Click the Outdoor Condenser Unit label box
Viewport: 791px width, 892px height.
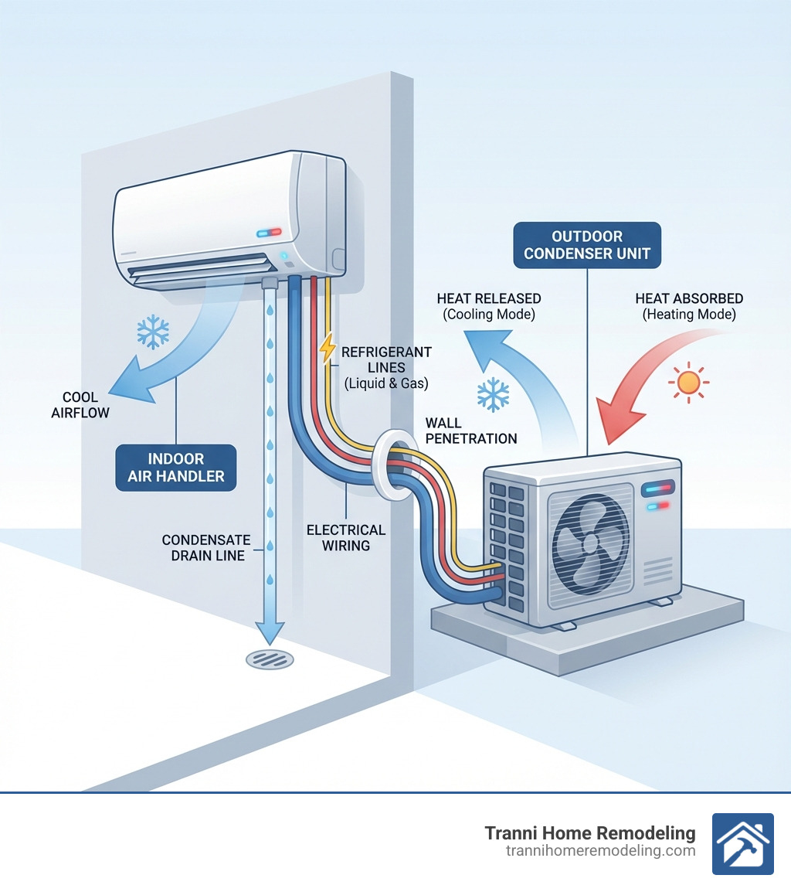click(587, 245)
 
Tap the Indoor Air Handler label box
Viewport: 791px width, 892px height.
click(176, 467)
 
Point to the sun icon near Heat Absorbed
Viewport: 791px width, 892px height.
click(687, 383)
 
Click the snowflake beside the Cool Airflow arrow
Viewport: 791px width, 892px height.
click(153, 331)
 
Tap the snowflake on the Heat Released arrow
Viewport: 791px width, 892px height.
click(492, 394)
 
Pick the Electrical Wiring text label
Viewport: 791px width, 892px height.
click(346, 537)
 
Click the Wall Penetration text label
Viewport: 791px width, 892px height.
click(470, 431)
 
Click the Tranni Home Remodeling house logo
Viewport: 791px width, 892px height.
click(742, 843)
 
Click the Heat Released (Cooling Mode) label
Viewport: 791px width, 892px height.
click(488, 306)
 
